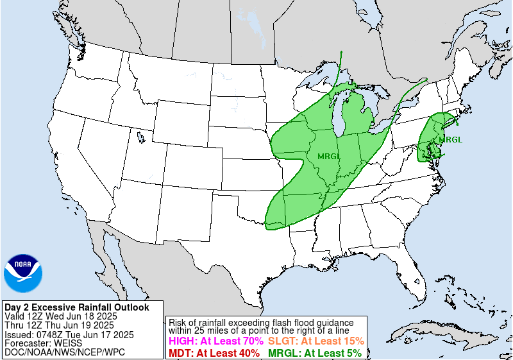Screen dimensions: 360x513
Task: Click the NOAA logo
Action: tap(23, 273)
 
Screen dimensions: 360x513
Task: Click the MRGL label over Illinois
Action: tap(330, 155)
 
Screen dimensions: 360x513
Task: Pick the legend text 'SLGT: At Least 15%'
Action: tap(315, 341)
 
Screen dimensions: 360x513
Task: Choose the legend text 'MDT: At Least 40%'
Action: tap(214, 353)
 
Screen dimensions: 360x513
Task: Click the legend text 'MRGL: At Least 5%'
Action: tap(314, 353)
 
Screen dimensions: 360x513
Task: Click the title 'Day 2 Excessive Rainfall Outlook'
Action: tap(76, 307)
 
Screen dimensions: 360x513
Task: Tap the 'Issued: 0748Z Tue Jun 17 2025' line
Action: tap(69, 334)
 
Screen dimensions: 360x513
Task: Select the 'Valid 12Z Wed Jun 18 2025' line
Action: tap(60, 316)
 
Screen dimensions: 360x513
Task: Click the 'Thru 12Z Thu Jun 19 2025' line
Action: tap(59, 325)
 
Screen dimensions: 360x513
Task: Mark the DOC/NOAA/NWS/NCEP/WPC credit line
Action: tap(65, 352)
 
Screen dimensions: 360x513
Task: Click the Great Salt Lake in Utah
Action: tap(140, 136)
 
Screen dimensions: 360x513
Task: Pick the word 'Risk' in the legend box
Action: tap(178, 321)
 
